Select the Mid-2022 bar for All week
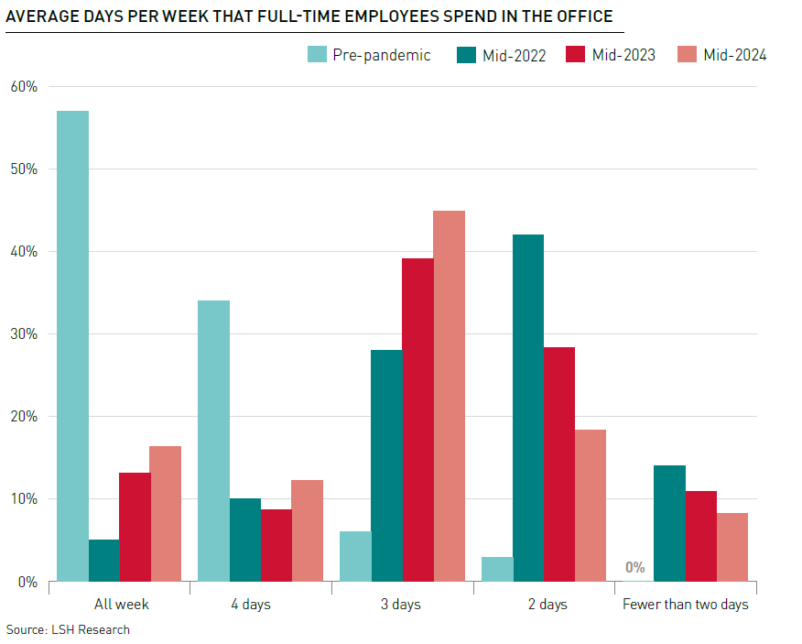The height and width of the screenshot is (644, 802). point(104,560)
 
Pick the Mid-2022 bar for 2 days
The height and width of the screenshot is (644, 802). point(528,408)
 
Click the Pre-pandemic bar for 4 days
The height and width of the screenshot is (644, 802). point(213,441)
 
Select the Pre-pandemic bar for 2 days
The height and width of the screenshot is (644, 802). point(497,569)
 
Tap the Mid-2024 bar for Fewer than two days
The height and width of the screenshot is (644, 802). point(732,547)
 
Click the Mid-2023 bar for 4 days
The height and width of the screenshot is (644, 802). point(276,545)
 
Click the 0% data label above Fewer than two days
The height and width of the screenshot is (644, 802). point(635,567)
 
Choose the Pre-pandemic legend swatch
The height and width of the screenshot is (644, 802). point(317,55)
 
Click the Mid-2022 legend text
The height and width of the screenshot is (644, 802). point(514,55)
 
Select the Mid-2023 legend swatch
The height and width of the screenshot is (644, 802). point(576,55)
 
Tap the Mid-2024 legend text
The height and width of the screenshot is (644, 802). point(734,55)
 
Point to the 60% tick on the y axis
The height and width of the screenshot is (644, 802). point(24,87)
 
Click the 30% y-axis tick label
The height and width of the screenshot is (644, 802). point(24,334)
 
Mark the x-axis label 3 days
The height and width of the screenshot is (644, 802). point(402,605)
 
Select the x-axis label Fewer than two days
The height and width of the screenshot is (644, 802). point(685,605)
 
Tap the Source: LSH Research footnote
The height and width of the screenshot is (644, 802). point(68,629)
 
